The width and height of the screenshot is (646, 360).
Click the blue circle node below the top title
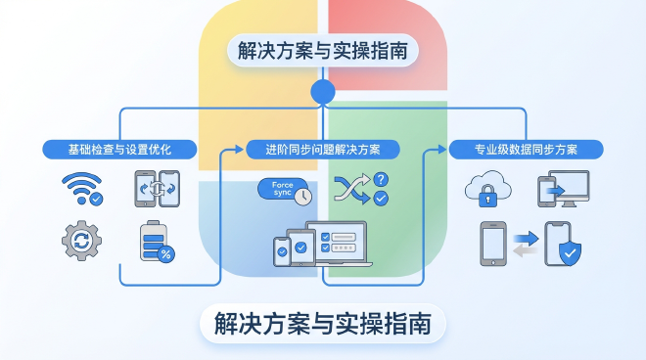pyautogui.click(x=322, y=93)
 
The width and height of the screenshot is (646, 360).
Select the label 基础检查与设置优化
pyautogui.click(x=120, y=150)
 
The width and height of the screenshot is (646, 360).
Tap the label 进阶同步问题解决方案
pyautogui.click(x=322, y=150)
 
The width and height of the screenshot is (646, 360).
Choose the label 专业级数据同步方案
pyautogui.click(x=526, y=150)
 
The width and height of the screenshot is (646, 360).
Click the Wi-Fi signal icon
pyautogui.click(x=81, y=189)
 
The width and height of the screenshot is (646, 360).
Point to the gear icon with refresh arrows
pyautogui.click(x=81, y=240)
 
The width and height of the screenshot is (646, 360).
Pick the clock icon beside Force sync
pyautogui.click(x=302, y=196)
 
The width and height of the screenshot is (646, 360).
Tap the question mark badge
pyautogui.click(x=381, y=179)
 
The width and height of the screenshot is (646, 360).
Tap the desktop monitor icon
pyautogui.click(x=568, y=188)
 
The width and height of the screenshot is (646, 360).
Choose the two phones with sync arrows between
pyautogui.click(x=156, y=188)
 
